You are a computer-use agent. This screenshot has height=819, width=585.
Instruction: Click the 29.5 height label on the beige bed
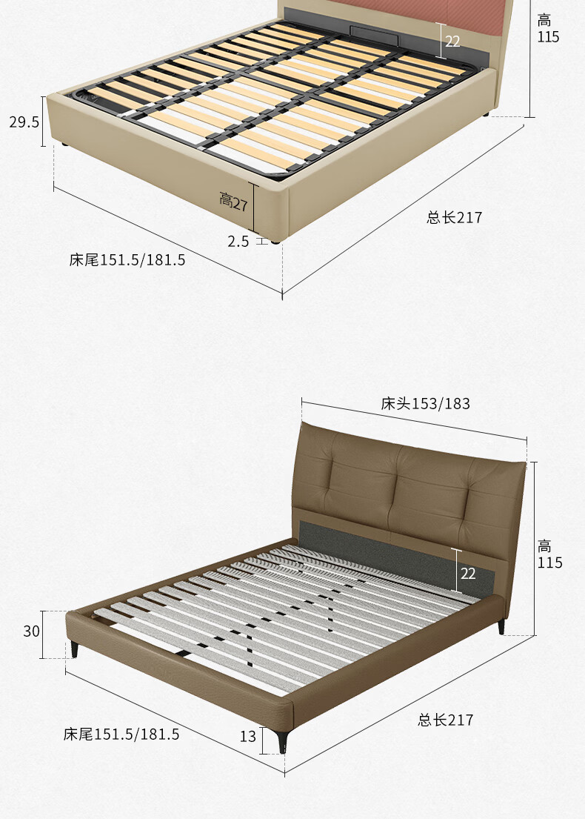24,122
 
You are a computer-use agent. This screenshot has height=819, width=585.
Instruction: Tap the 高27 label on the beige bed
233,201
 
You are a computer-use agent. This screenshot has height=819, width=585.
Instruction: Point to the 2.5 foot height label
238,241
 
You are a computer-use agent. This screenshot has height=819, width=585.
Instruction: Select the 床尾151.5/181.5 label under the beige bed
127,259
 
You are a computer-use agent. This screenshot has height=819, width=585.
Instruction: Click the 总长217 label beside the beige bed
454,216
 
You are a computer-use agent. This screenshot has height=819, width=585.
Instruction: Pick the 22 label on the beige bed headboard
452,41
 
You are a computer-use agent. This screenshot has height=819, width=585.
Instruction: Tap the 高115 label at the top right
548,29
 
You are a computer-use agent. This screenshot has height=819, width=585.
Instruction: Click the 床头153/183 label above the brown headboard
425,403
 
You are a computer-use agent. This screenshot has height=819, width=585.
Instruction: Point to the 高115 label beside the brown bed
549,554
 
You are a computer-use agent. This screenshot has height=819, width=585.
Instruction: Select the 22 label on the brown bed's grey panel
468,574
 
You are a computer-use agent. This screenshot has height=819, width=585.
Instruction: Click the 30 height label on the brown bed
31,631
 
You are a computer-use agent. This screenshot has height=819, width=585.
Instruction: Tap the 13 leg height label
248,736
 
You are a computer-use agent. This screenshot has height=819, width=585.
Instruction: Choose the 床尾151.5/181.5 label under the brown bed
121,734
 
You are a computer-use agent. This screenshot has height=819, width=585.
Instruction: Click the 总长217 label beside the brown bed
445,720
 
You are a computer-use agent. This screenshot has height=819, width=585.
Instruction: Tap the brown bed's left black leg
74,650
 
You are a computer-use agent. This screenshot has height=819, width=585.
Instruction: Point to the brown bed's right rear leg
501,627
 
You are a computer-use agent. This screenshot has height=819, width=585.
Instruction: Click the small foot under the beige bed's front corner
275,241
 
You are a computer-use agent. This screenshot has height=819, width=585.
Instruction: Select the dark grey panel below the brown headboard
397,554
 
